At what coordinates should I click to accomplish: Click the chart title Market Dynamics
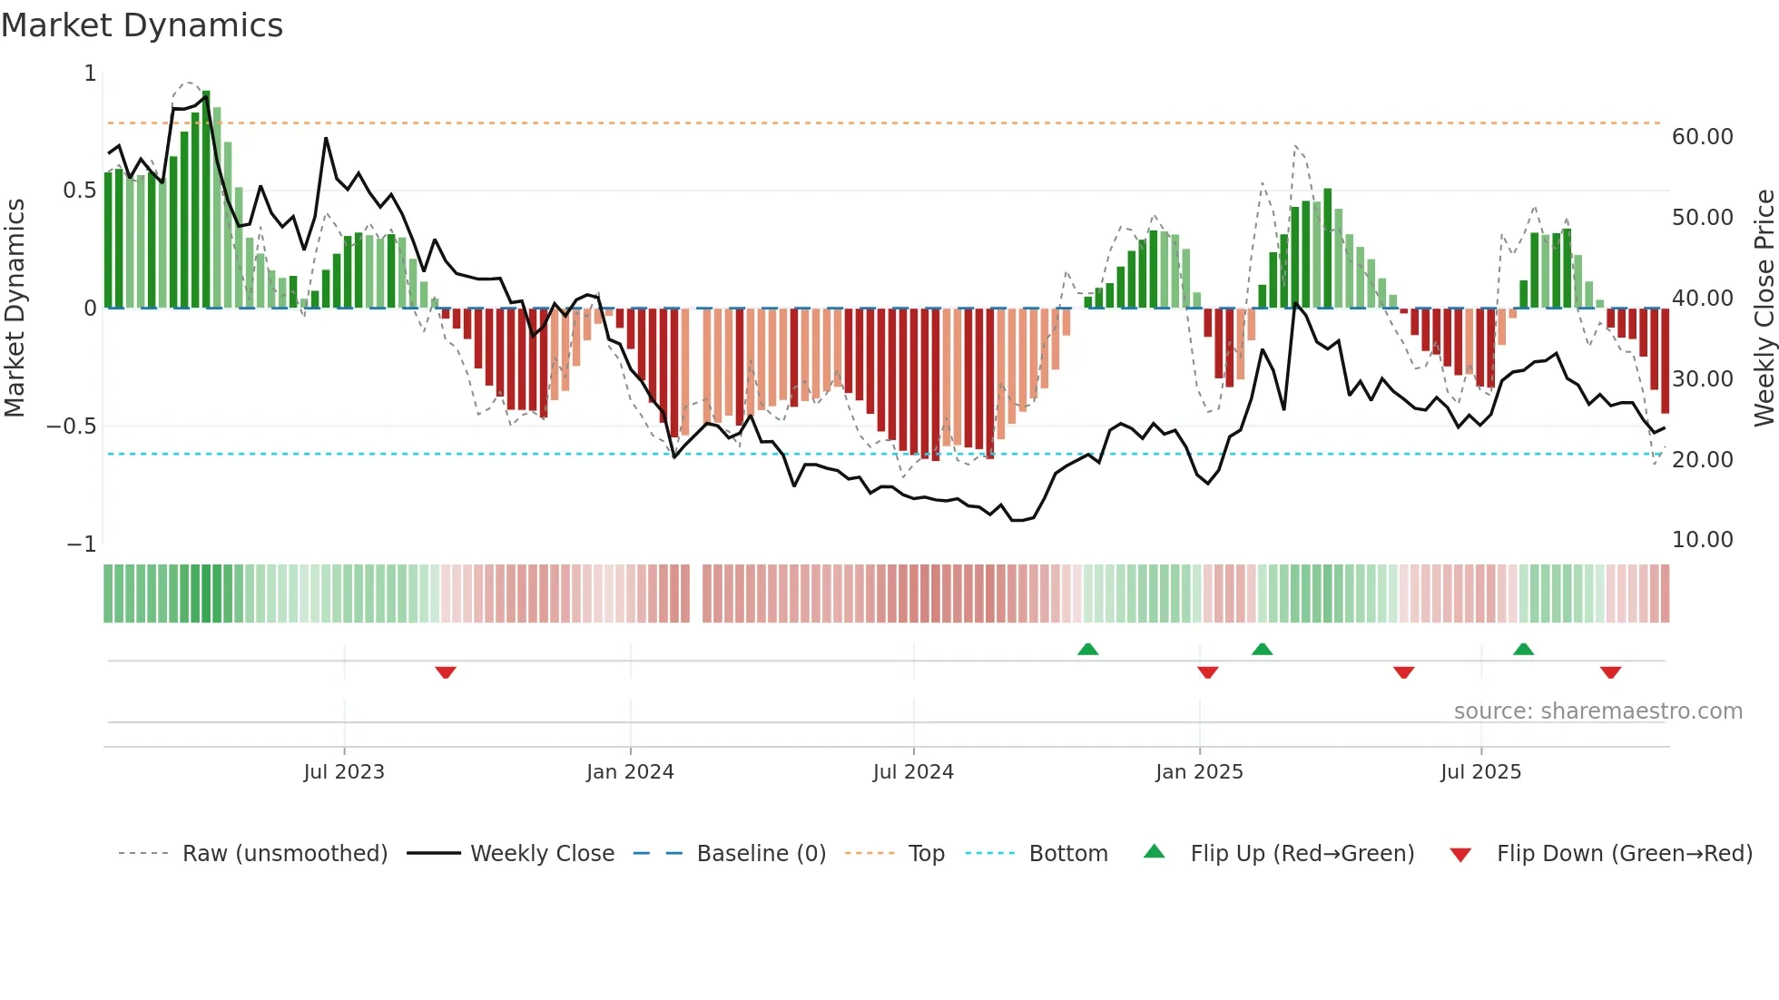coord(142,25)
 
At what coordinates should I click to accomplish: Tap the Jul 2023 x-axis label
coord(344,772)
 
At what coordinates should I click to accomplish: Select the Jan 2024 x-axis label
coord(630,772)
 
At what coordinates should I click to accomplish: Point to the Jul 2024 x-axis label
coord(913,772)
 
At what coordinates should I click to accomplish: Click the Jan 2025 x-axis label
coord(1199,772)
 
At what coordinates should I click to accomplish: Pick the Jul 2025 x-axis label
coord(1480,772)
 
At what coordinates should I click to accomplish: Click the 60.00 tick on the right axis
coord(1702,137)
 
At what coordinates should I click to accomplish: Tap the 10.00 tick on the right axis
coord(1702,540)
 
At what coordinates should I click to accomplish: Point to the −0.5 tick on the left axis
coord(72,426)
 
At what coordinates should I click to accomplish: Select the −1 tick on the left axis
coord(82,544)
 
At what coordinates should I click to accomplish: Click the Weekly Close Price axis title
coord(1764,308)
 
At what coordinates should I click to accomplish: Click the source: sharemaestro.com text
coord(1597,711)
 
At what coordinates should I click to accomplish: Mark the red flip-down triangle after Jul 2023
coord(445,672)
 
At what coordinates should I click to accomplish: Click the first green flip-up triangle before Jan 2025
coord(1087,649)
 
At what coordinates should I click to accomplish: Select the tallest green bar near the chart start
coord(206,200)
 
